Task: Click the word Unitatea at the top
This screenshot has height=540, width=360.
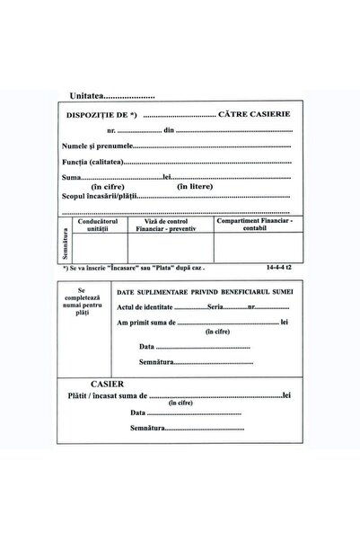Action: pos(86,93)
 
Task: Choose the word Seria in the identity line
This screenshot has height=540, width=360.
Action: pos(215,307)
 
